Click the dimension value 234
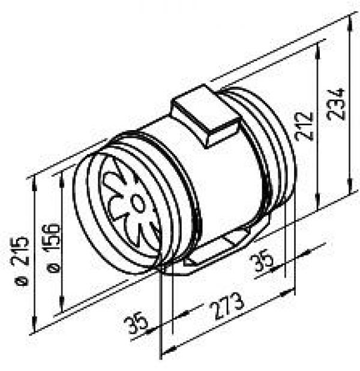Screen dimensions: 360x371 [x=335, y=104]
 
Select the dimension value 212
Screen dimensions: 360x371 [x=305, y=126]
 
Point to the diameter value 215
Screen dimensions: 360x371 [x=20, y=250]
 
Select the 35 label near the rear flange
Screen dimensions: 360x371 [x=261, y=261]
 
